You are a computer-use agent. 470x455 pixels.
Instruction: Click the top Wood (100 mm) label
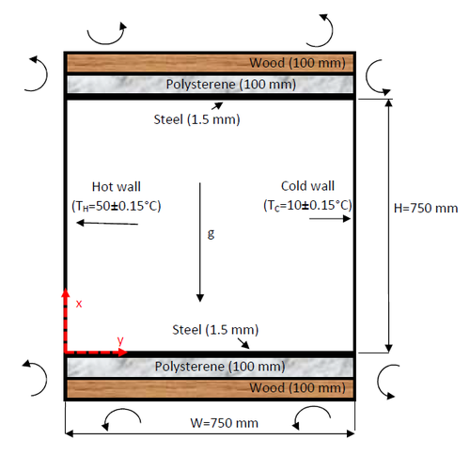[x=301, y=64]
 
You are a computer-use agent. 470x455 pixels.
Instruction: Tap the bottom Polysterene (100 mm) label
[x=219, y=367]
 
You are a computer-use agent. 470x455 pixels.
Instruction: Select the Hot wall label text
[x=116, y=186]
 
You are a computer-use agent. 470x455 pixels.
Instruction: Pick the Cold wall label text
[x=307, y=185]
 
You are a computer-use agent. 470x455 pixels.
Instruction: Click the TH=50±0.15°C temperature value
[x=116, y=205]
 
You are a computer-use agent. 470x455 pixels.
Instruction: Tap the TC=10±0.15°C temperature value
[x=308, y=204]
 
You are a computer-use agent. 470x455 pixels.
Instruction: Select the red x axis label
[x=80, y=304]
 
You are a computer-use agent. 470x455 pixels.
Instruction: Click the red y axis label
[x=120, y=339]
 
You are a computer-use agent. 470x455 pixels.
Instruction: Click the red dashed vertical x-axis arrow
[x=65, y=320]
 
